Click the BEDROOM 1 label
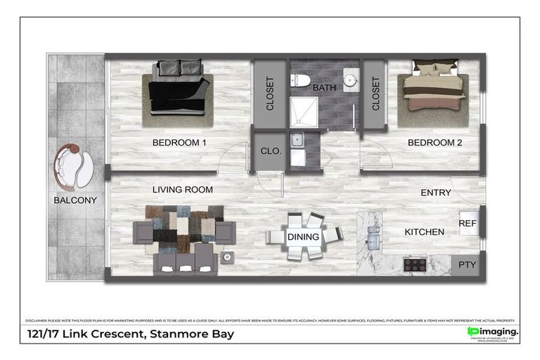point(179,143)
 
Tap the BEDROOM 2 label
point(435,143)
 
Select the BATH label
point(324,88)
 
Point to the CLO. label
point(271,150)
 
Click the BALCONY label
point(75,200)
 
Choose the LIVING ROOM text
point(183,189)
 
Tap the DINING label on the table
point(303,237)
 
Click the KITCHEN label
point(424,231)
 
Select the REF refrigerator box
point(468,223)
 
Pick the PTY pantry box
point(468,264)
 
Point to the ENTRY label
point(436,193)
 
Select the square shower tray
point(304,112)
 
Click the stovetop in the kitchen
point(415,265)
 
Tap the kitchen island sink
point(373,241)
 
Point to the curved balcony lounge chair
point(74,167)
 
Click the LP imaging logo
point(492,332)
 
